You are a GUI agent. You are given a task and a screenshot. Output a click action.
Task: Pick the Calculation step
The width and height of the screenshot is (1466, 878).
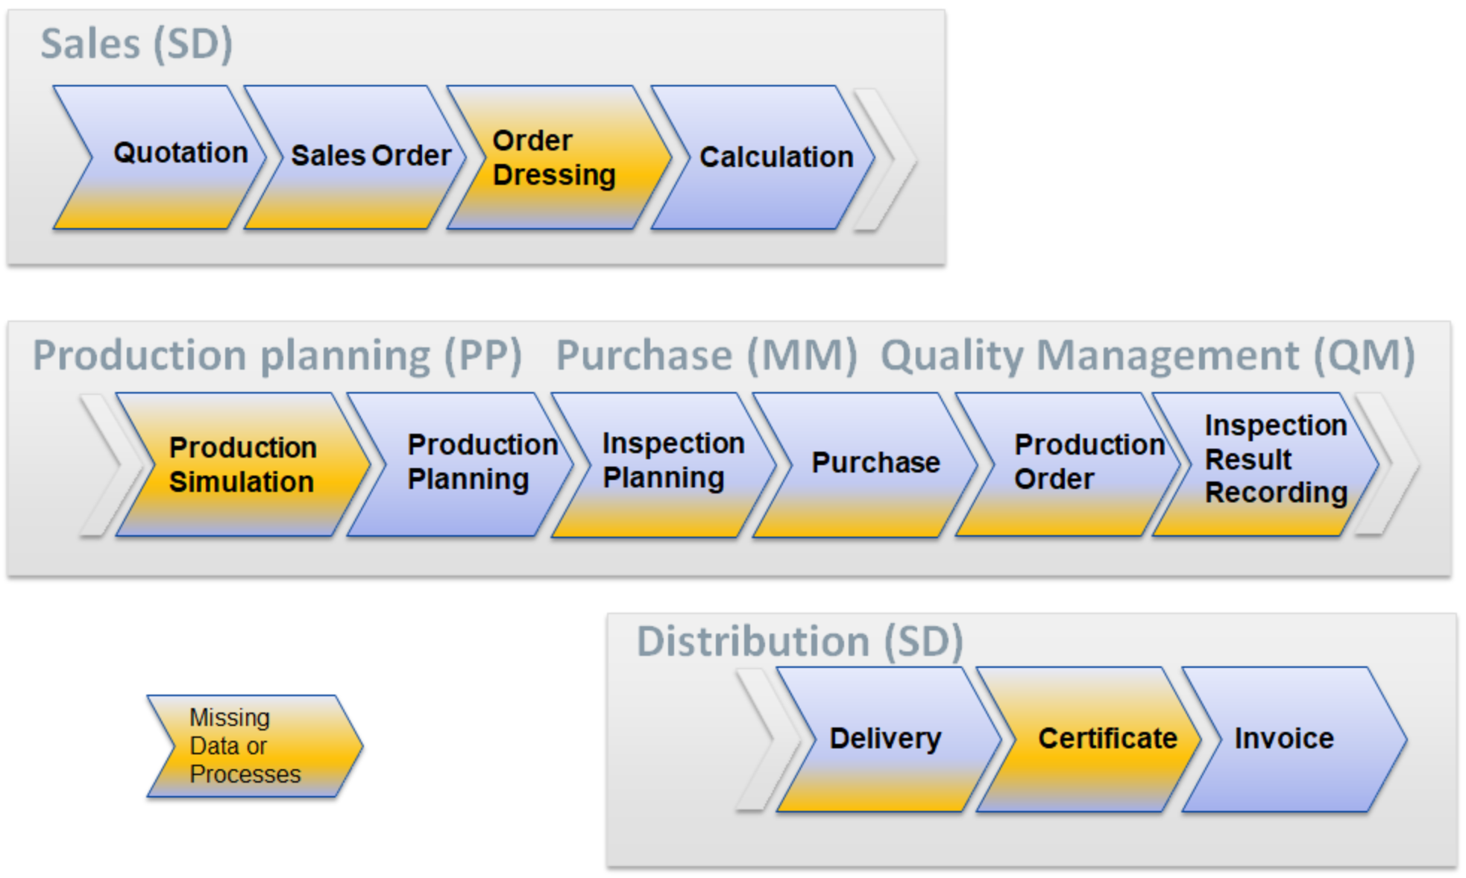click(x=768, y=157)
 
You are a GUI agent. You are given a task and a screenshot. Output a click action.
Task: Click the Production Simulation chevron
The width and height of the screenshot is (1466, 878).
click(x=242, y=464)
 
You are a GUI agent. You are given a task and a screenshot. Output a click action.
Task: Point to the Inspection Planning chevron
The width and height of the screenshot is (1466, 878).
click(x=664, y=462)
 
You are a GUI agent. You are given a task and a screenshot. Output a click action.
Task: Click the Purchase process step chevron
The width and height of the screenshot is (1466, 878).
click(x=872, y=463)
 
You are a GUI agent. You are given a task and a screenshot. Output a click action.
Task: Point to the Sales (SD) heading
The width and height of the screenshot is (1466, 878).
click(x=136, y=43)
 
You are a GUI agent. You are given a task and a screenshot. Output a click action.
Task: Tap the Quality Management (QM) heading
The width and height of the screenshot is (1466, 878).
click(x=1148, y=355)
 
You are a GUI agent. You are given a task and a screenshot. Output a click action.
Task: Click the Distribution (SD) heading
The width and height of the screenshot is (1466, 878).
click(x=799, y=641)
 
